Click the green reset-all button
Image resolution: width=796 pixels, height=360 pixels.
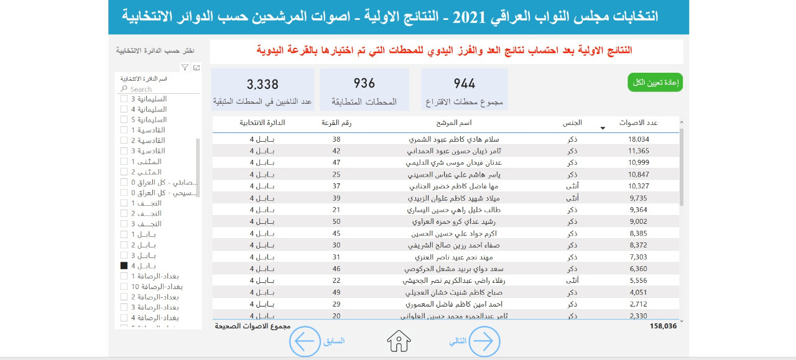pyautogui.click(x=655, y=83)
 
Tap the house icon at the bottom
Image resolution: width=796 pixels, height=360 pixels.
pyautogui.click(x=399, y=341)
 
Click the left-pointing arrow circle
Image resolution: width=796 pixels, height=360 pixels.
pyautogui.click(x=305, y=341)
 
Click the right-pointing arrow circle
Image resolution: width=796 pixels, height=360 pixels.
pyautogui.click(x=484, y=341)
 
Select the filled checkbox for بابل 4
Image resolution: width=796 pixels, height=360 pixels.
pyautogui.click(x=124, y=265)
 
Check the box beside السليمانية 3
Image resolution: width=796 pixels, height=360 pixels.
pyautogui.click(x=124, y=99)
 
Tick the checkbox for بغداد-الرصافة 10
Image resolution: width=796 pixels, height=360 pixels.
pyautogui.click(x=124, y=287)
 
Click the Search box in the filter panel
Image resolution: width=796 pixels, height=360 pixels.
pyautogui.click(x=159, y=89)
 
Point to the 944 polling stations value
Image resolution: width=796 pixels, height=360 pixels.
pyautogui.click(x=465, y=84)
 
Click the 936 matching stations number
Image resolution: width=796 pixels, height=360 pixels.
pyautogui.click(x=364, y=84)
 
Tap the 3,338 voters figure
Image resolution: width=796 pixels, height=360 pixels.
pyautogui.click(x=262, y=85)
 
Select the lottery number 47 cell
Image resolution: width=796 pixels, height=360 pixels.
pyautogui.click(x=336, y=162)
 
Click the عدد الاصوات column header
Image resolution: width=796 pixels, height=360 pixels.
pyautogui.click(x=639, y=123)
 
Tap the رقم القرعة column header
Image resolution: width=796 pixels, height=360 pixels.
pyautogui.click(x=336, y=123)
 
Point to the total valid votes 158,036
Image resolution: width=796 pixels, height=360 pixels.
pyautogui.click(x=663, y=325)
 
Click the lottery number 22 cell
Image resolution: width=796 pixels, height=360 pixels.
pyautogui.click(x=336, y=280)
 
